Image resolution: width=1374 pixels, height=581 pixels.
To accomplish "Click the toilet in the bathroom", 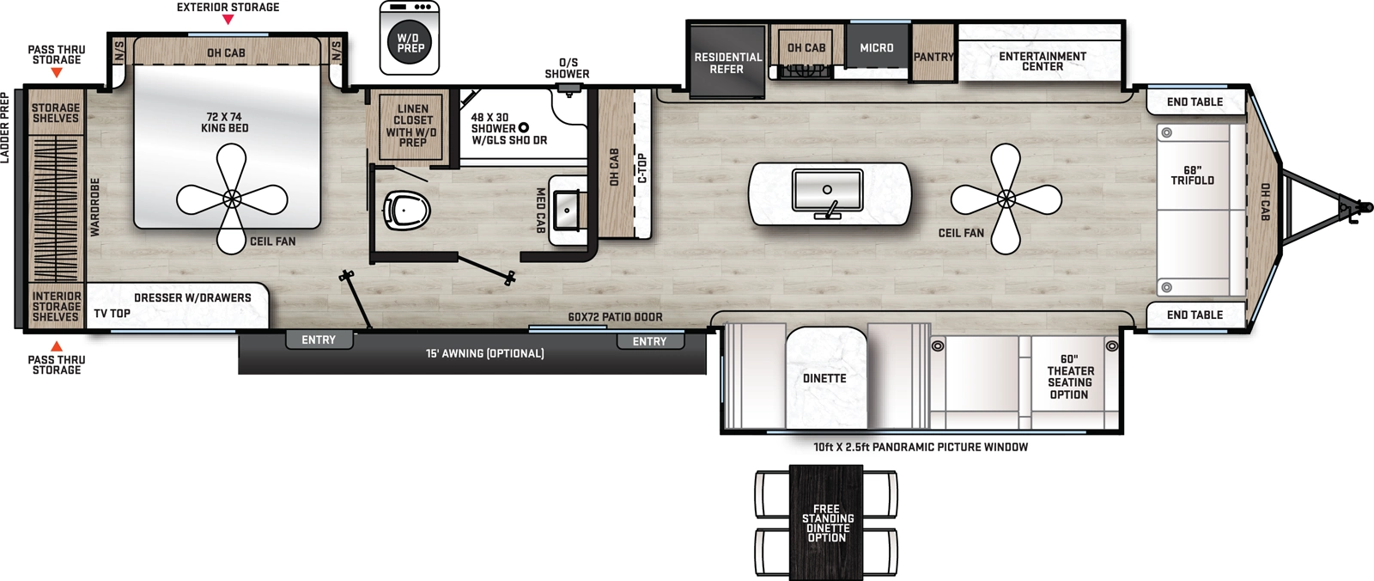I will tap(405, 210).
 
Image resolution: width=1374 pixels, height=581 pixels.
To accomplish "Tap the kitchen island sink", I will tap(827, 191).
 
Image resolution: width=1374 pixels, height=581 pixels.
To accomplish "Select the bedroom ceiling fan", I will tap(232, 199).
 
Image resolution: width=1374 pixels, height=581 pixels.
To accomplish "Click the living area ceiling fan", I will tap(1006, 199).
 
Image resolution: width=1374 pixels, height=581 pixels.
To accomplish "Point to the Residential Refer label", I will tap(727, 63).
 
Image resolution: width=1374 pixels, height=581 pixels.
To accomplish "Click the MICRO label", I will tap(877, 48).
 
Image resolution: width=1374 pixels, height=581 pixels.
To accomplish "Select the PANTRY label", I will tap(933, 57).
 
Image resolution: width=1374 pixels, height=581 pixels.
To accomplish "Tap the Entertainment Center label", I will tap(1042, 61).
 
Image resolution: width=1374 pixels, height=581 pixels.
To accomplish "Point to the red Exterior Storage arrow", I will tap(228, 20).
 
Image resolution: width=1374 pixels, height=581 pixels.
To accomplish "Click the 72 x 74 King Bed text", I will tap(224, 122).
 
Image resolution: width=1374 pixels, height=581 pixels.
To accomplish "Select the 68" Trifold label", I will tap(1192, 175).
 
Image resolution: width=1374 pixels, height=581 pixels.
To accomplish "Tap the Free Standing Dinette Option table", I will tap(826, 523).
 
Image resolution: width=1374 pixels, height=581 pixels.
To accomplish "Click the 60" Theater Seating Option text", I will tap(1069, 376).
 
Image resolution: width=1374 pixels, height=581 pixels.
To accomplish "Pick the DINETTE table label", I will tap(824, 378).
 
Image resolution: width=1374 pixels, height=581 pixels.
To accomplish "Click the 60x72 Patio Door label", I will tap(615, 317).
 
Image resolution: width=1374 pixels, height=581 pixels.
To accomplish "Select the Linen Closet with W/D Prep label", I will tap(412, 126).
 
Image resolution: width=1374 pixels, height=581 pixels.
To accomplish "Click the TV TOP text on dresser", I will tap(112, 314).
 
